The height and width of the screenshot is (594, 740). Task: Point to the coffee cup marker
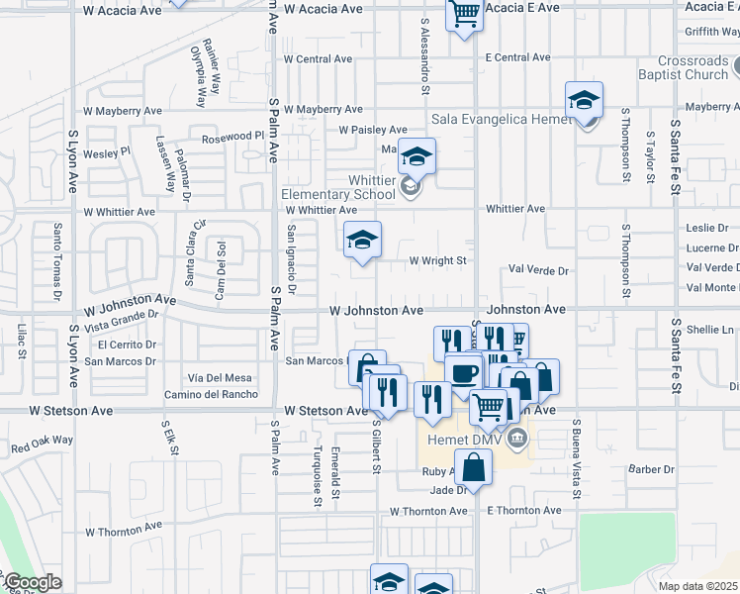coord(463,373)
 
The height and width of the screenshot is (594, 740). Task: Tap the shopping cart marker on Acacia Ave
coord(463,14)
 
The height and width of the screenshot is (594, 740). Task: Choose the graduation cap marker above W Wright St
coord(362,240)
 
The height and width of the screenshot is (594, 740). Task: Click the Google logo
coord(32,582)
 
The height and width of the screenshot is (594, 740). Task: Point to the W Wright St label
coord(437,261)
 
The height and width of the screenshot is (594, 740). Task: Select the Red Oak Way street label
coord(43,444)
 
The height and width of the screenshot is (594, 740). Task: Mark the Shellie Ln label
coord(711,330)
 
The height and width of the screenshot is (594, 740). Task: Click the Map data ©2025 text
coord(697,586)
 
